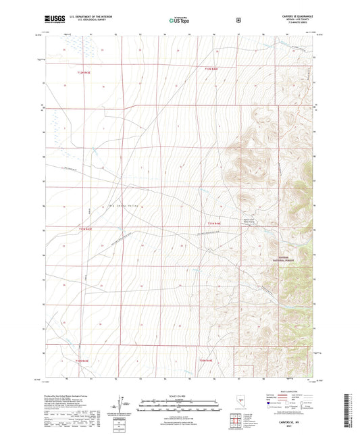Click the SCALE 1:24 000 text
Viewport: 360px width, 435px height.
click(180, 394)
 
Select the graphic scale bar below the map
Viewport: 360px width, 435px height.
click(180, 403)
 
